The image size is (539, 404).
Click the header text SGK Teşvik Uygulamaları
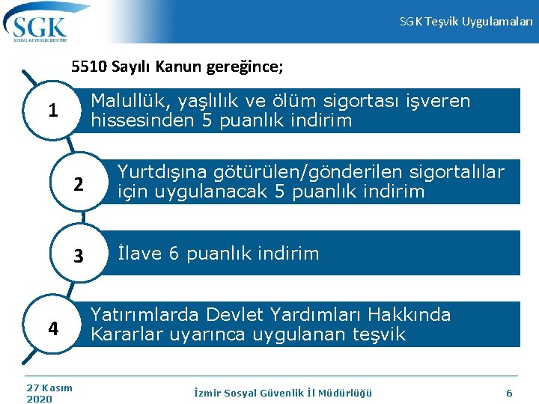(x=466, y=22)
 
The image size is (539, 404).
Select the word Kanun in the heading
(x=180, y=67)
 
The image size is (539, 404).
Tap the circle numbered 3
(x=78, y=256)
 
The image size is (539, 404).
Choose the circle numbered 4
(x=52, y=328)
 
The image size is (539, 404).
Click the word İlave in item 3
(x=140, y=254)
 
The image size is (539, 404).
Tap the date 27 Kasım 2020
(x=49, y=393)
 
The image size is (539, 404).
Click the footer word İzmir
(x=205, y=393)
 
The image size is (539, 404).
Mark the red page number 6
(x=509, y=393)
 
